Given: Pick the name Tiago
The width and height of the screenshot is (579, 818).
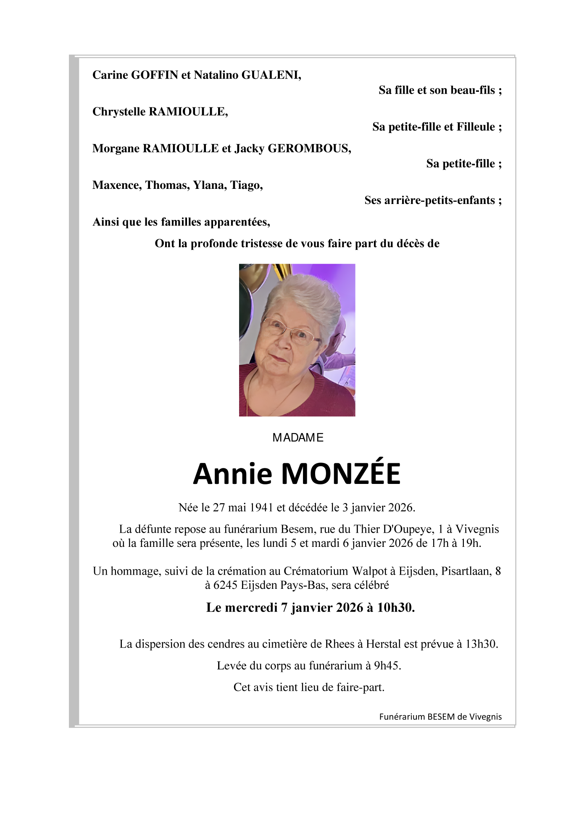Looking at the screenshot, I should [246, 185].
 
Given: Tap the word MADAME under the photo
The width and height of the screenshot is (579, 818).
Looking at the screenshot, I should [298, 438].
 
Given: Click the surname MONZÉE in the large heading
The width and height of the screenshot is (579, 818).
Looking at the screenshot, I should [340, 474].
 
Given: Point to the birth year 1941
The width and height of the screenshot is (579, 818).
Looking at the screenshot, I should [261, 508].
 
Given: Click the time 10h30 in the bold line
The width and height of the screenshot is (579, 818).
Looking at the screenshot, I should [395, 608].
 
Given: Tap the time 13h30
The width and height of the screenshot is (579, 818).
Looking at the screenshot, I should [481, 644].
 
